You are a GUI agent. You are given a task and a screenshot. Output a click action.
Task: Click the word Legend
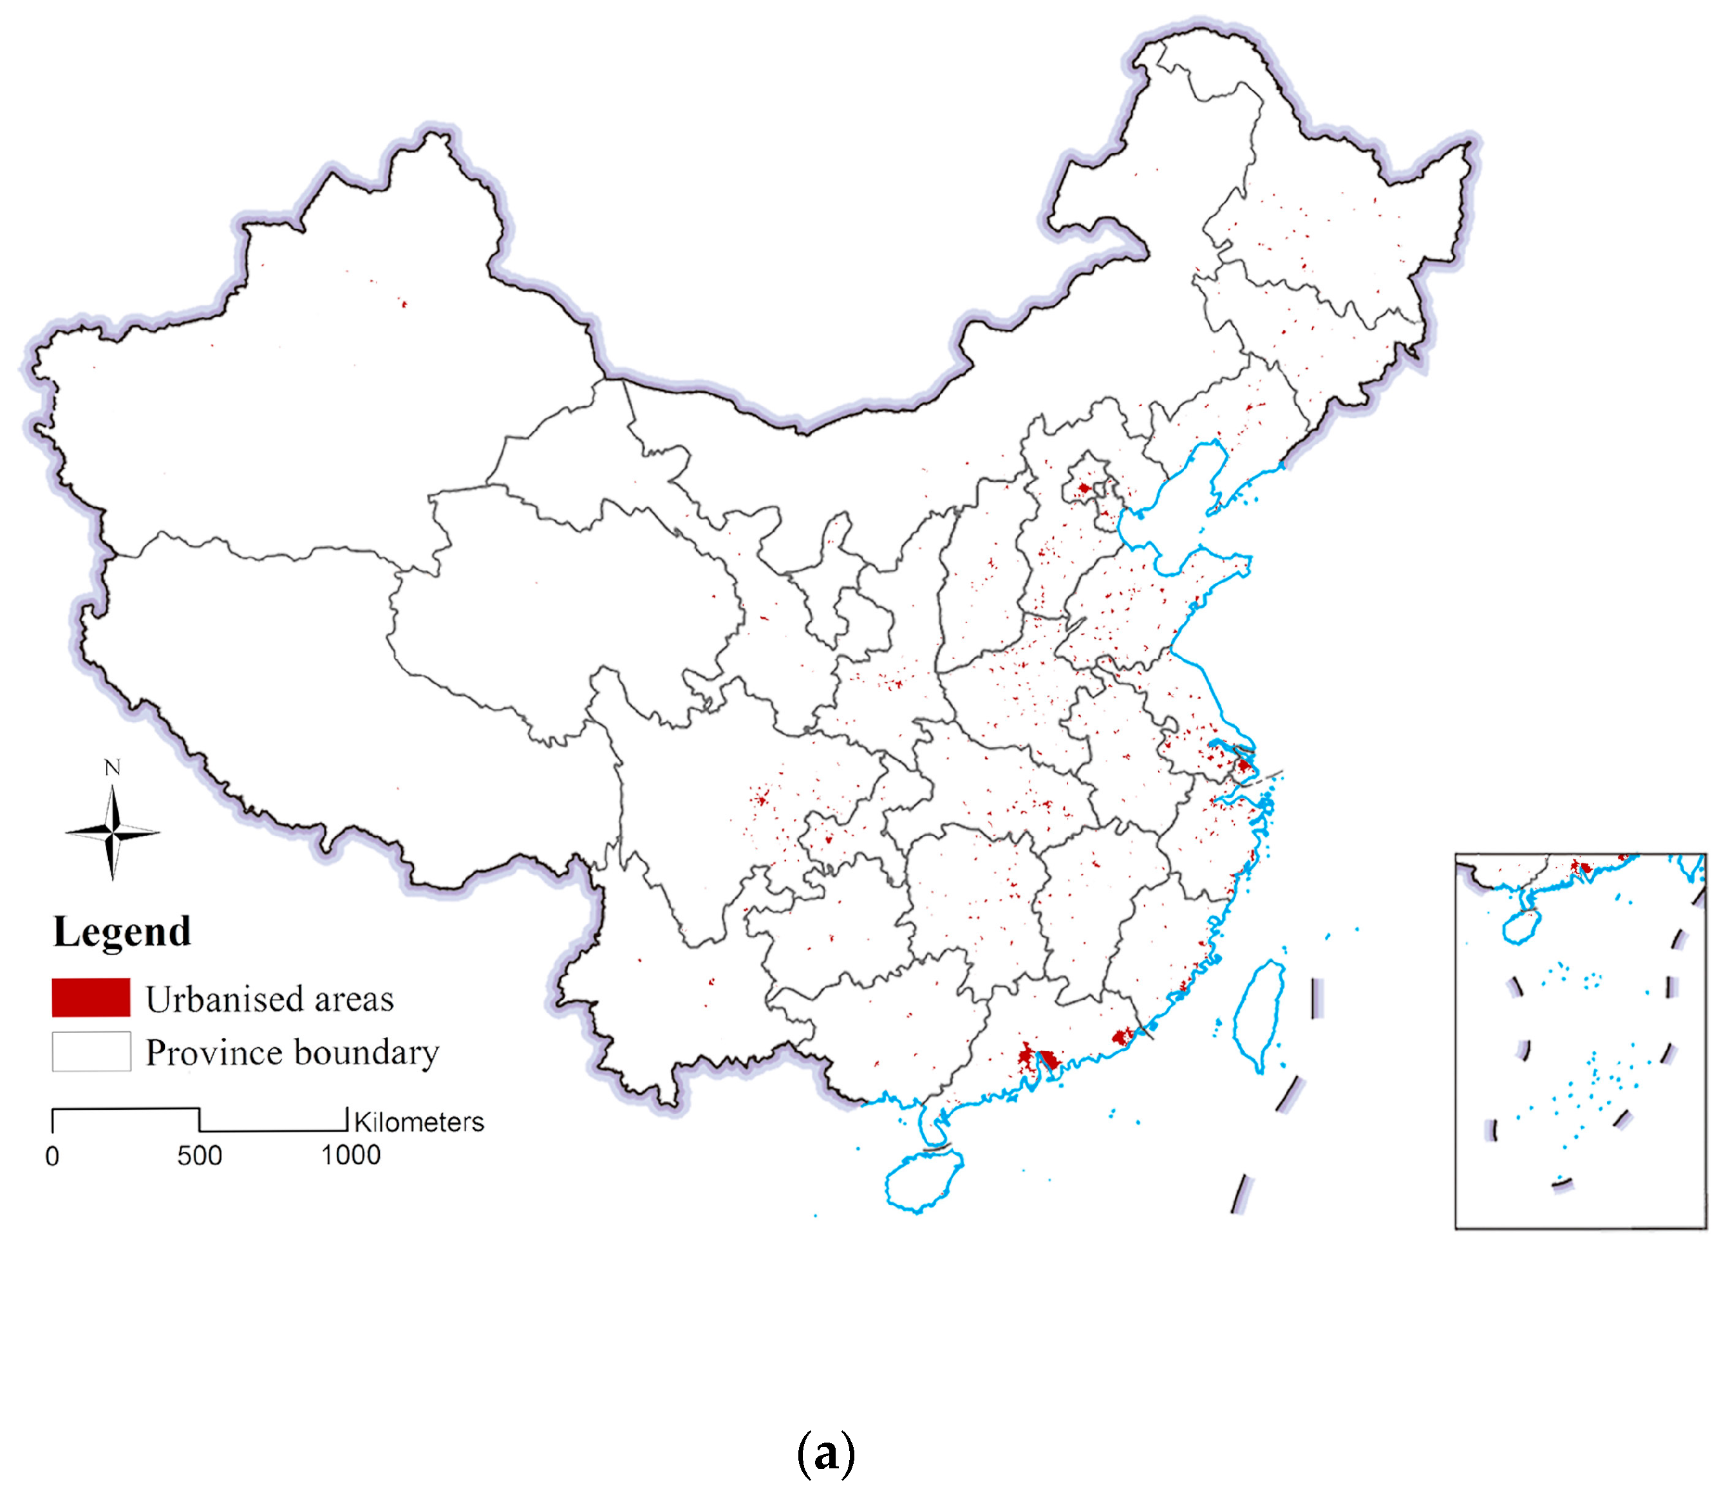click(x=122, y=932)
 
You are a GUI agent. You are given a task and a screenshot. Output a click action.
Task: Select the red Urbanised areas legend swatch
click(x=91, y=998)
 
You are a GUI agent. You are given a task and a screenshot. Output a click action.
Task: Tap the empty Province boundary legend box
click(x=91, y=1052)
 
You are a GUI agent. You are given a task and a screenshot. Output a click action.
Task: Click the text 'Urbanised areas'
click(x=269, y=999)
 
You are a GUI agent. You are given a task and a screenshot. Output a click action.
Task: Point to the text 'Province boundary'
click(x=292, y=1052)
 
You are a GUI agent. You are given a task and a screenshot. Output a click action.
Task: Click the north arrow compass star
click(x=113, y=832)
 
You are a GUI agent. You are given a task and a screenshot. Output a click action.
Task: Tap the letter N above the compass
click(x=113, y=767)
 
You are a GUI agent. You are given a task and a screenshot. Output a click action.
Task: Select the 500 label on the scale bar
click(x=200, y=1156)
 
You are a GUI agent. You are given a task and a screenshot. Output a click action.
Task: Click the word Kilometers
click(x=418, y=1122)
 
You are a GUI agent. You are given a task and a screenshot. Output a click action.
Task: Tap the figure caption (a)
click(x=825, y=1454)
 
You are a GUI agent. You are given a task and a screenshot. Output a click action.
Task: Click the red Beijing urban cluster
click(x=1084, y=488)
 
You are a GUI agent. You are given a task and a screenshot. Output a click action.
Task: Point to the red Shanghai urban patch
click(x=1243, y=765)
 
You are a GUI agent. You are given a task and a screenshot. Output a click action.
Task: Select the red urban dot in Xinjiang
click(x=404, y=304)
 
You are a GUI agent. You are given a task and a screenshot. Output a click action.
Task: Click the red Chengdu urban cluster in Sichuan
click(x=760, y=799)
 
